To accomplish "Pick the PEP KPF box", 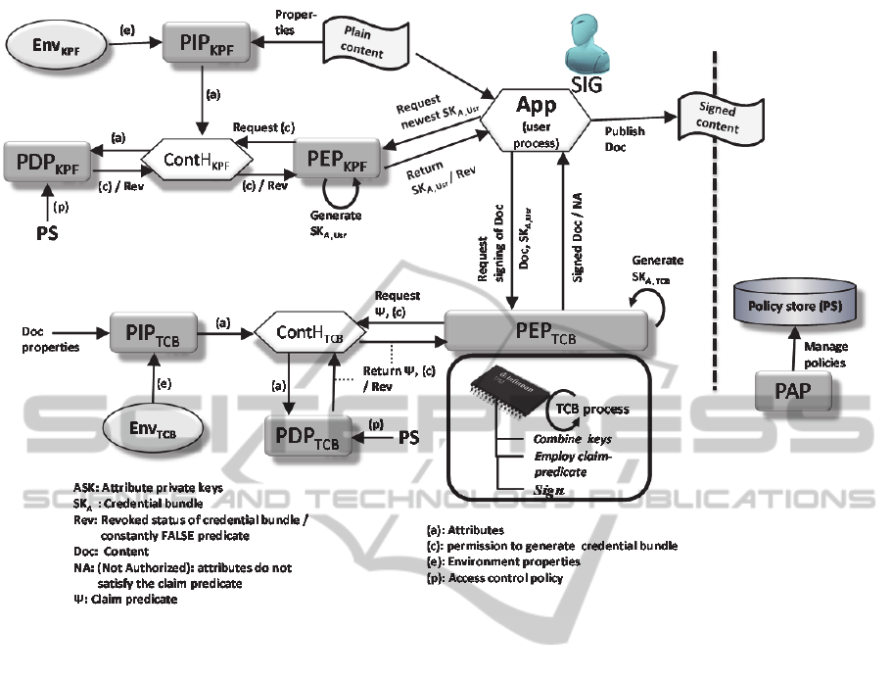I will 335,161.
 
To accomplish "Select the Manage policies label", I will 824,353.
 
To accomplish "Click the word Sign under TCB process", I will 548,492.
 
